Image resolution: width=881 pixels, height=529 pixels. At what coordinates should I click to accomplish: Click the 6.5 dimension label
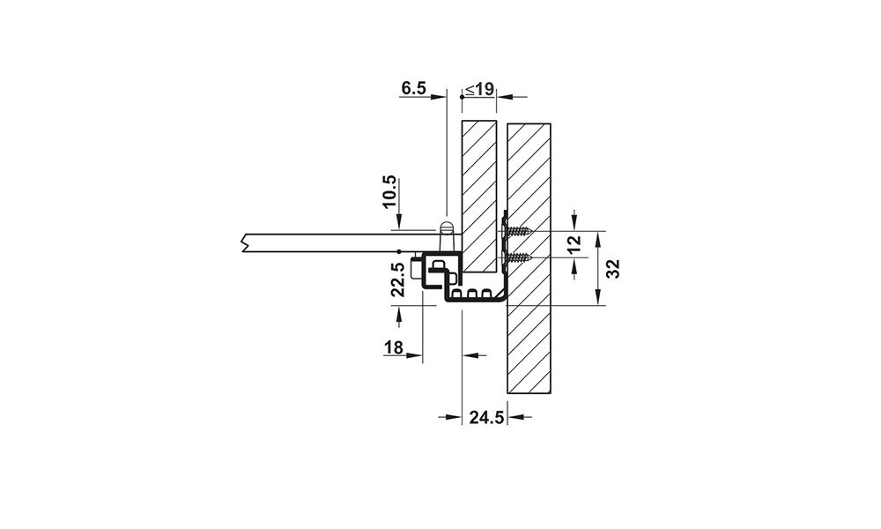[413, 88]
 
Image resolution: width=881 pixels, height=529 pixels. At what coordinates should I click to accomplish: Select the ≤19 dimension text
[479, 88]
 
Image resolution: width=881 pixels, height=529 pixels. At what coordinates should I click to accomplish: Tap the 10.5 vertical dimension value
[389, 192]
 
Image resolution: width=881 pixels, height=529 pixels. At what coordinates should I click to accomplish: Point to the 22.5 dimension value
[398, 279]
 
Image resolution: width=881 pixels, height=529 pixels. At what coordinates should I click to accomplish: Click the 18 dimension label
[394, 347]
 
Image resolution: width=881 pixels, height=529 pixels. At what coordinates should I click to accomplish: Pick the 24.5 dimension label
[486, 418]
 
